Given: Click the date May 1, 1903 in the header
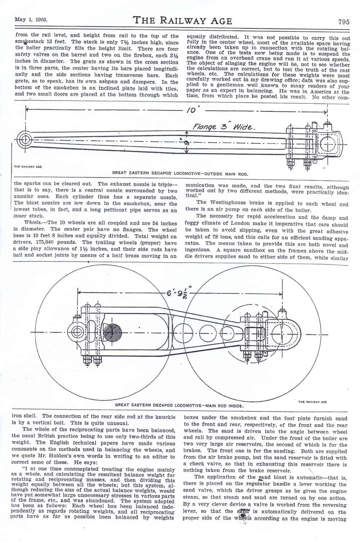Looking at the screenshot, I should tap(31, 19).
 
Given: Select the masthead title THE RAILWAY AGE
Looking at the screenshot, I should tap(183, 21).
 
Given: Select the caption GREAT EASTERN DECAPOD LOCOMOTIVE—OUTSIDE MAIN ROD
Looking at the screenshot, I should tap(180, 174).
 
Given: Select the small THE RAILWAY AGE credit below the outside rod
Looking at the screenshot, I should tap(28, 167).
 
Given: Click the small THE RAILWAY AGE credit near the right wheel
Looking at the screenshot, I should tap(312, 402).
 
